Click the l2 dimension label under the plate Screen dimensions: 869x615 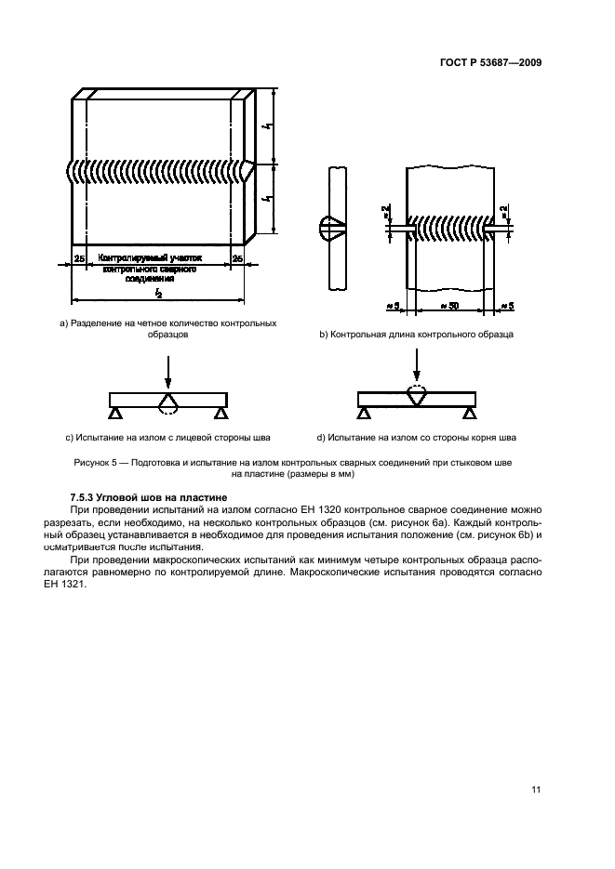click(158, 294)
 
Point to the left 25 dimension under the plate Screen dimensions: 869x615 click(79, 257)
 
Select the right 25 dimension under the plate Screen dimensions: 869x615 click(237, 257)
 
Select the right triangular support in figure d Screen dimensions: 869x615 click(469, 413)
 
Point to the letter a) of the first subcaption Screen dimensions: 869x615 click(63, 323)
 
